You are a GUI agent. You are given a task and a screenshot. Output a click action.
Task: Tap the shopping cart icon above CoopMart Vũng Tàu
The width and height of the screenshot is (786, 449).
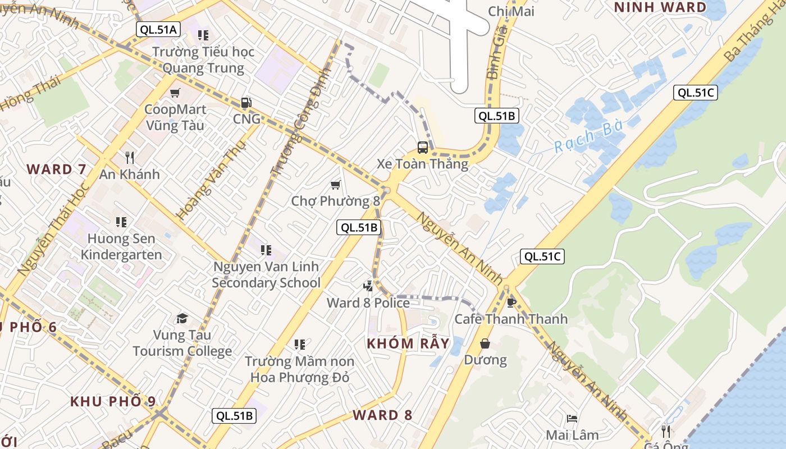click(175, 93)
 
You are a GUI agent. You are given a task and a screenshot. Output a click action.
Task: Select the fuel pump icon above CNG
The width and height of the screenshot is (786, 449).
click(246, 103)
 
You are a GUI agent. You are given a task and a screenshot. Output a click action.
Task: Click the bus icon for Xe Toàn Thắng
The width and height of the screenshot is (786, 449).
click(422, 148)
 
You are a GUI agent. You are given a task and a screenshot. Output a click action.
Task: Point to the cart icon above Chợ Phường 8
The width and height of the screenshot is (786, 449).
click(336, 185)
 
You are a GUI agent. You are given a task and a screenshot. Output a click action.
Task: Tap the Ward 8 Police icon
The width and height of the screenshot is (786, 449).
click(368, 286)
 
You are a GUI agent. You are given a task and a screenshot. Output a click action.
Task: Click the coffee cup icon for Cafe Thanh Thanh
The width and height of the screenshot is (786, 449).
click(511, 303)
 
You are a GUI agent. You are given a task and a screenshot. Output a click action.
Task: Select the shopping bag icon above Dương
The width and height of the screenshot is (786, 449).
click(485, 343)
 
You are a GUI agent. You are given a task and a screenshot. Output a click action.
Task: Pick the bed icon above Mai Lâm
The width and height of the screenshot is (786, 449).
click(572, 419)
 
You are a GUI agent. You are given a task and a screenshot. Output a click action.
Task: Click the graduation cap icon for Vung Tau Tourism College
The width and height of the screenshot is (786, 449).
click(182, 319)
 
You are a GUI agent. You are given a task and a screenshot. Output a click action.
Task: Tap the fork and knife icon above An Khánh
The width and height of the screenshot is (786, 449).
click(130, 158)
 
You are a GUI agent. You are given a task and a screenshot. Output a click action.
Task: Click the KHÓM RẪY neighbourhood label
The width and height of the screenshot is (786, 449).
click(408, 343)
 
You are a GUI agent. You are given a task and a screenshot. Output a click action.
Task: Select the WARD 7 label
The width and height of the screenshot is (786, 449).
click(57, 169)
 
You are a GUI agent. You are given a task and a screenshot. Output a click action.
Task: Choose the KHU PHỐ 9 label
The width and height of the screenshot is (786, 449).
click(113, 401)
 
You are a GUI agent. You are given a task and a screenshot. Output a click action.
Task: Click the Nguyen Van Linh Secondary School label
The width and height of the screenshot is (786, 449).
click(266, 274)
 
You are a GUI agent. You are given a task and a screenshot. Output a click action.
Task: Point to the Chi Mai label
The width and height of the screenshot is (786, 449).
click(511, 11)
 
